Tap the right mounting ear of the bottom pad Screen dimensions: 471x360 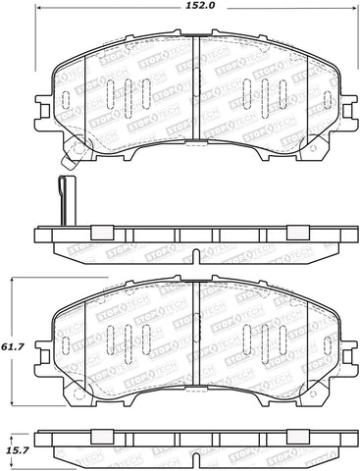(x=344, y=345)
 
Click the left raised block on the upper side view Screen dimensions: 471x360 (x=98, y=234)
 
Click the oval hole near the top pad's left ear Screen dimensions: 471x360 (x=67, y=99)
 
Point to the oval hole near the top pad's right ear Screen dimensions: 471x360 (x=325, y=99)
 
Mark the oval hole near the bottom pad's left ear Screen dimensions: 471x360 (x=67, y=344)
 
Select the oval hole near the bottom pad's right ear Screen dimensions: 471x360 (x=325, y=344)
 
